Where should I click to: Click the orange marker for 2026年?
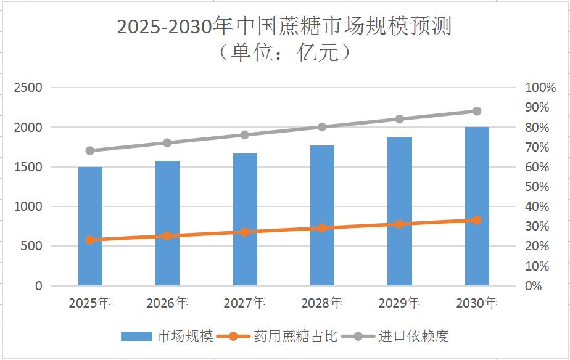pyautogui.click(x=167, y=236)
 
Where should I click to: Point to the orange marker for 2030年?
pyautogui.click(x=477, y=220)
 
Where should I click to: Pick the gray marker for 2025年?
pyautogui.click(x=90, y=150)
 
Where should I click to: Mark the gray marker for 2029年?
pyautogui.click(x=399, y=119)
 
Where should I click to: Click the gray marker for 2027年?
pyautogui.click(x=245, y=135)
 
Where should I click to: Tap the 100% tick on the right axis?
pyautogui.click(x=540, y=88)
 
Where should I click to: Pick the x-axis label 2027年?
pyautogui.click(x=245, y=303)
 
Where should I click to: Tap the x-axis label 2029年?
pyautogui.click(x=399, y=303)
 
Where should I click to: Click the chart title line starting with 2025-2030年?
pyautogui.click(x=284, y=27)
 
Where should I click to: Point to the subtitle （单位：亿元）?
pyautogui.click(x=284, y=52)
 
